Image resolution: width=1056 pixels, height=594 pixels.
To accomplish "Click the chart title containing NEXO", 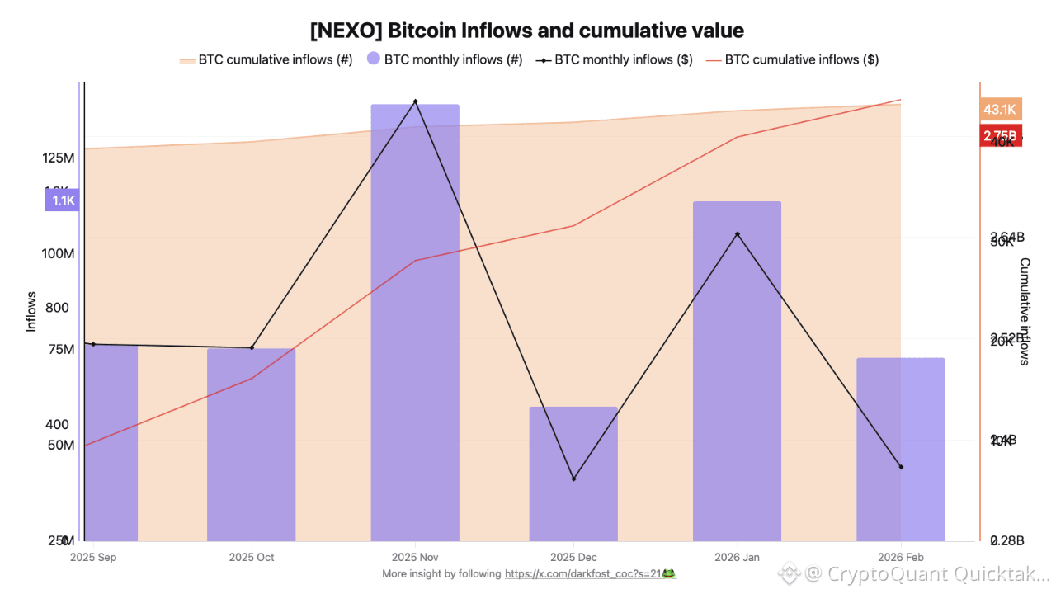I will click(x=527, y=31).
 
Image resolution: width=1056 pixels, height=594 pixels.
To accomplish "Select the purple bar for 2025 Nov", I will click(x=415, y=322).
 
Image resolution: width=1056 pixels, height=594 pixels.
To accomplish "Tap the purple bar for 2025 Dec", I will click(x=573, y=474).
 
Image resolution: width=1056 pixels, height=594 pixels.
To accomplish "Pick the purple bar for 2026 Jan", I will click(x=737, y=371).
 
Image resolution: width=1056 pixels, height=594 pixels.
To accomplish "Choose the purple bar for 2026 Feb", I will click(x=901, y=449).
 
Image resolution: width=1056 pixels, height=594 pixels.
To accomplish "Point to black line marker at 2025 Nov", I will click(x=415, y=101).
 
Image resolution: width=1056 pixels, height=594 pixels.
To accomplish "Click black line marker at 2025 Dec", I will click(x=573, y=478).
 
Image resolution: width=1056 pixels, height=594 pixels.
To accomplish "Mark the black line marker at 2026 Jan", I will click(x=738, y=234).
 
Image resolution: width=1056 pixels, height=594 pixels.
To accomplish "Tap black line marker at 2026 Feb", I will click(x=901, y=467).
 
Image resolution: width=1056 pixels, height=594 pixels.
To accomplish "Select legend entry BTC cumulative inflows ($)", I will click(x=793, y=59).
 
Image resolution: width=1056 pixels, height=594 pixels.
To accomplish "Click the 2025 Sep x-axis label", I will click(x=93, y=557).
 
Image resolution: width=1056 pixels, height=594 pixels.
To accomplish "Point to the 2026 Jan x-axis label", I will click(x=737, y=557).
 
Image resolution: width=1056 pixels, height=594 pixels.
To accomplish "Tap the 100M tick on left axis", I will click(x=59, y=253).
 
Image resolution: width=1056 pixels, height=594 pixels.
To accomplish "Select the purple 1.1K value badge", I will click(x=63, y=200).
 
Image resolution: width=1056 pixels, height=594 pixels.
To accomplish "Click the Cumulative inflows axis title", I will click(x=1025, y=311).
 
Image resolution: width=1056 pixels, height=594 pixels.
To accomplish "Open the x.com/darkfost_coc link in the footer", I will click(x=590, y=573).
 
